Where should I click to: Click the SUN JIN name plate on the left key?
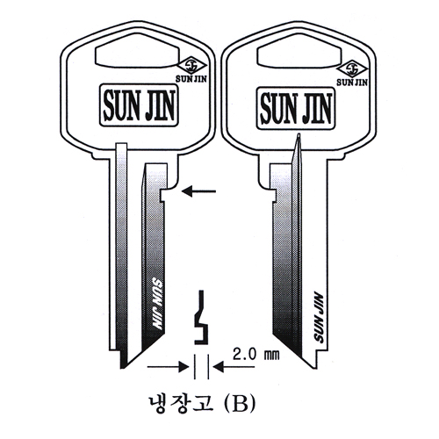click(x=139, y=105)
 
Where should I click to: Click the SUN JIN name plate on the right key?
click(x=296, y=109)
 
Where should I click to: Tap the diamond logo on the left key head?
click(x=192, y=66)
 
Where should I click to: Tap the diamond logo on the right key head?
click(x=352, y=69)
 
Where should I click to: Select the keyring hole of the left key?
click(x=137, y=51)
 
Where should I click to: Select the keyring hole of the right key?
click(x=299, y=51)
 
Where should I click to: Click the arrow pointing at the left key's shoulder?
click(x=198, y=191)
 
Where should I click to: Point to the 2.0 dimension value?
click(x=244, y=355)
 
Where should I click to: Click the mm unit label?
click(x=272, y=356)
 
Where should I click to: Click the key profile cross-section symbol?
click(x=201, y=317)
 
